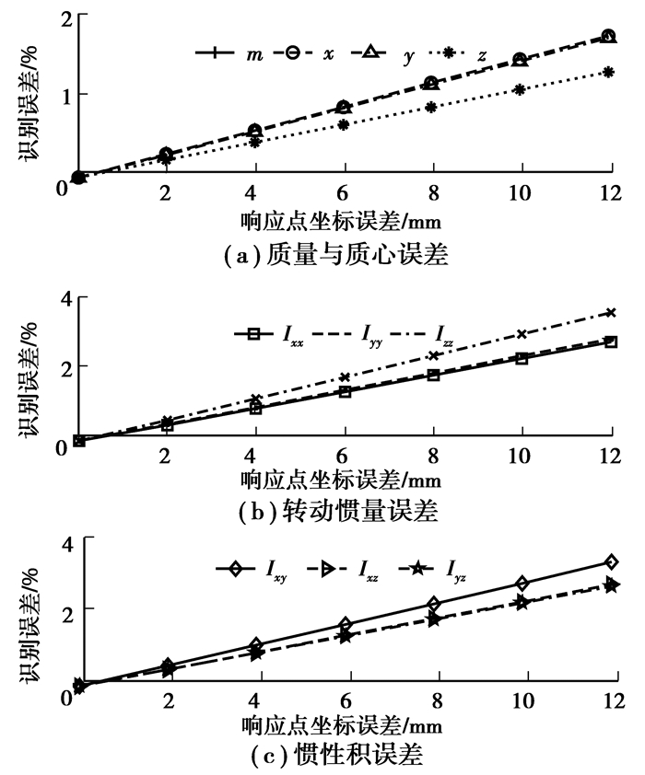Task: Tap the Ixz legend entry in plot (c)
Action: [x=342, y=570]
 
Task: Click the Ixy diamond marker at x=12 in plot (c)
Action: [x=611, y=561]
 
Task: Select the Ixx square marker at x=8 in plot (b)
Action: [x=433, y=375]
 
